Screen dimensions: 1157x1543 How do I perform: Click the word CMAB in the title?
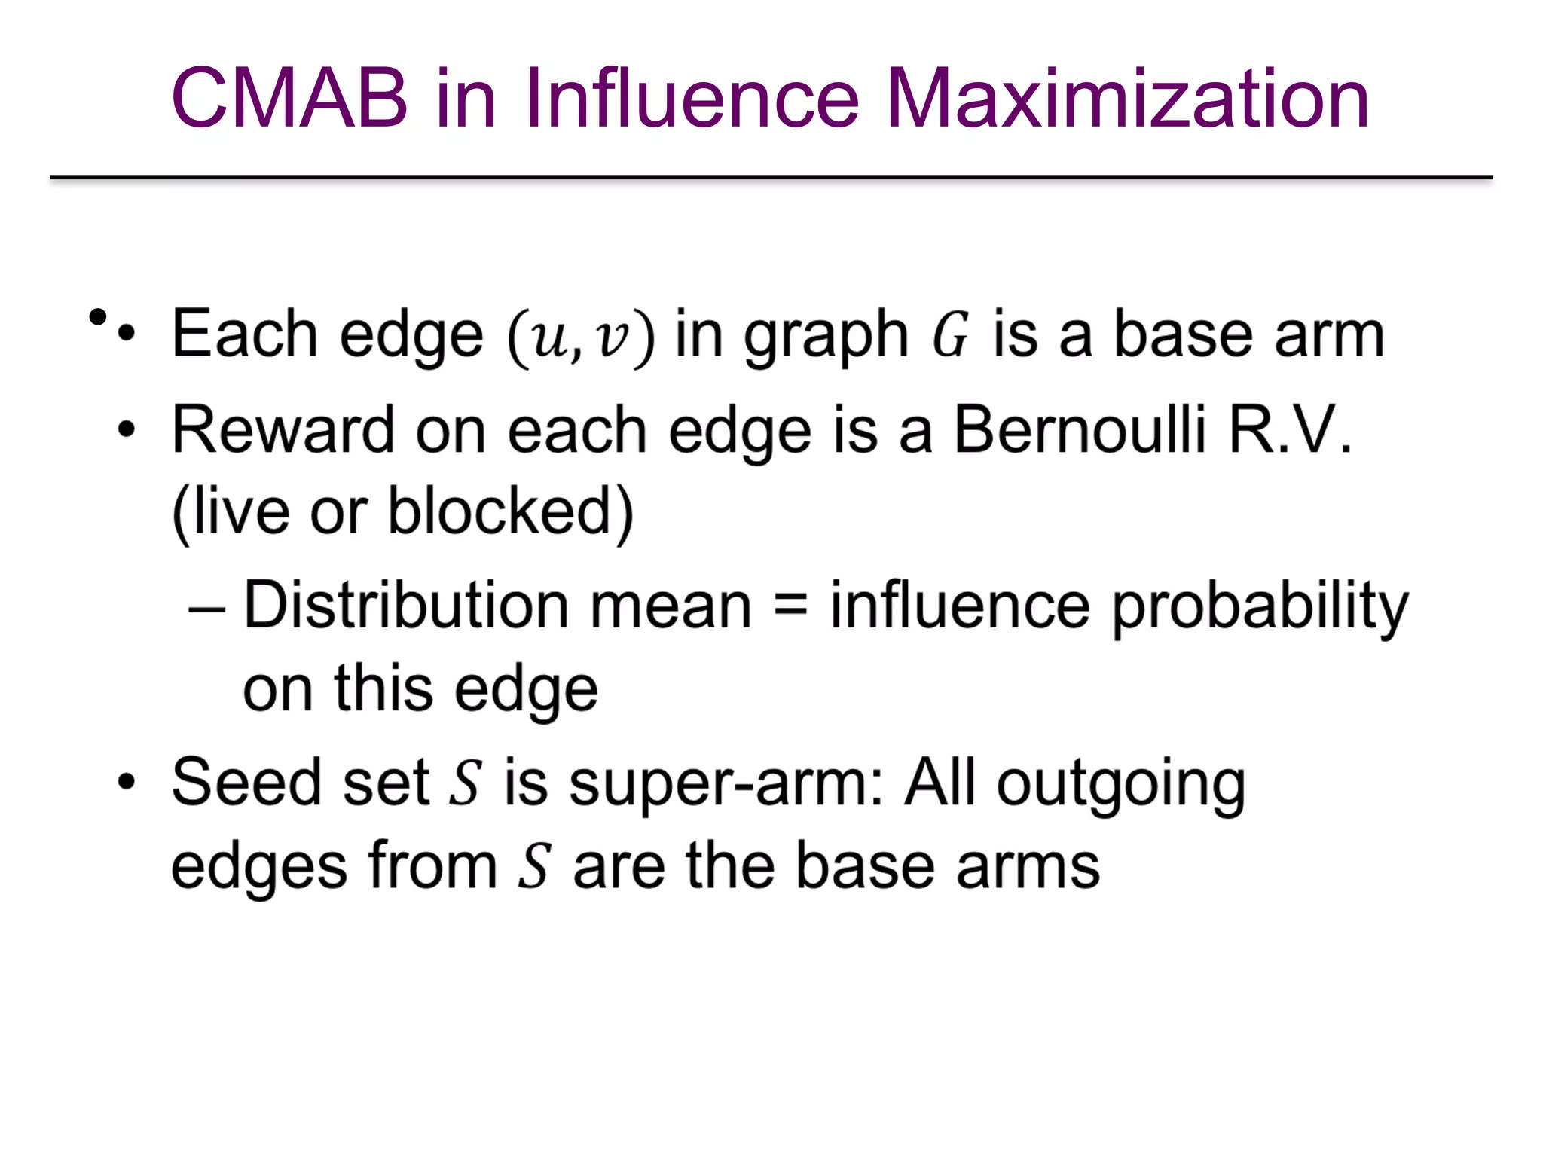click(x=289, y=99)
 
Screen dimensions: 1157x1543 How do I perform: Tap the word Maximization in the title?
click(x=1127, y=99)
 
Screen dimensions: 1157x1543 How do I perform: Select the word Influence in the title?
click(x=692, y=99)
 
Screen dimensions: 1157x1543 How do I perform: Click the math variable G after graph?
click(x=950, y=336)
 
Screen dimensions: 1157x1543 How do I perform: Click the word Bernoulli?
click(x=1080, y=430)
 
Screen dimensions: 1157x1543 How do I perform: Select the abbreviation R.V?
click(x=1290, y=430)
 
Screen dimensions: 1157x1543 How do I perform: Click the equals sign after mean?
click(x=791, y=606)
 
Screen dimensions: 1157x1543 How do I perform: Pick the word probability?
click(x=1260, y=607)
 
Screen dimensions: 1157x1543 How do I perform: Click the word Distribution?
click(x=407, y=606)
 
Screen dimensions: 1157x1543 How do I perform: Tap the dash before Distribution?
click(x=206, y=607)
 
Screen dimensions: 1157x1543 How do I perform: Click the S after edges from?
click(x=534, y=866)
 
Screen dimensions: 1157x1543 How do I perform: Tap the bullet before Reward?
click(x=127, y=430)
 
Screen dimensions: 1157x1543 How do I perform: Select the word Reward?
click(x=283, y=430)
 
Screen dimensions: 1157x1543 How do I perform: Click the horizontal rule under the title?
click(x=771, y=178)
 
